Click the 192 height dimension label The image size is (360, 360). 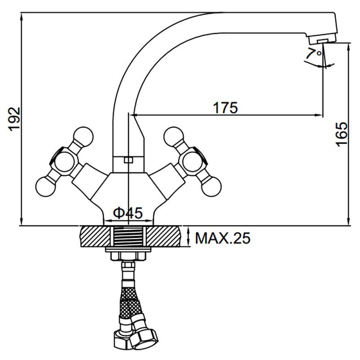click(15, 118)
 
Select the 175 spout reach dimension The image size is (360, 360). click(225, 108)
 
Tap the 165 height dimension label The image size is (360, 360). click(342, 134)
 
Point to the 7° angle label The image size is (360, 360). click(314, 54)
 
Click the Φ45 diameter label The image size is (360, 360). click(128, 213)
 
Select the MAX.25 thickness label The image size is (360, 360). click(222, 238)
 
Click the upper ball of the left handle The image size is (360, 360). click(84, 136)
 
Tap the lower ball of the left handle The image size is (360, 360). click(46, 186)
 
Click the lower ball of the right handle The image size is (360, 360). click(211, 186)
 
